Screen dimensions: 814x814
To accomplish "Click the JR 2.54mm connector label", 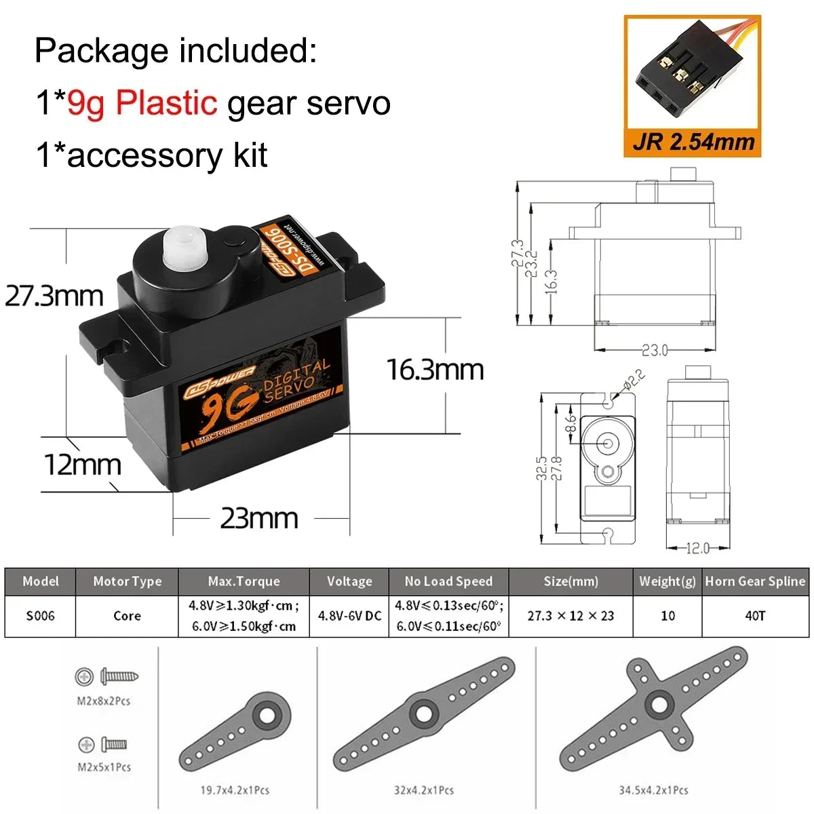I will (693, 142).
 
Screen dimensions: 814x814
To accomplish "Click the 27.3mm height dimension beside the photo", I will (54, 296).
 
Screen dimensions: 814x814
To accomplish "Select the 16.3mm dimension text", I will (435, 370).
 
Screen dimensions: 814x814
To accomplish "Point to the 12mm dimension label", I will (82, 465).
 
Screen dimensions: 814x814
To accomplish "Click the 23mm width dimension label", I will (259, 518).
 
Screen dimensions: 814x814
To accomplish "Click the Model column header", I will (40, 581).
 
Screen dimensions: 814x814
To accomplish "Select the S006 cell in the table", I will (40, 616).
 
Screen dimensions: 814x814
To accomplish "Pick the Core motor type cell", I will (127, 616).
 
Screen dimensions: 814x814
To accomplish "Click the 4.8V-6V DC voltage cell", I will (349, 616).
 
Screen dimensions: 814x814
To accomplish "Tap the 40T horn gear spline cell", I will (755, 616).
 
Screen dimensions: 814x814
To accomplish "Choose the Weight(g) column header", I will (667, 581).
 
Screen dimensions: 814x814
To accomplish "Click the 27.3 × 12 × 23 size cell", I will (570, 616).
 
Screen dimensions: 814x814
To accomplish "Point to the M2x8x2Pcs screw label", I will (103, 701).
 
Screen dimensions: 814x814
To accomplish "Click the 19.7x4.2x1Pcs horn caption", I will (235, 790).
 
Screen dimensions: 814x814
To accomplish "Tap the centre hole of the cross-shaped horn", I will (658, 703).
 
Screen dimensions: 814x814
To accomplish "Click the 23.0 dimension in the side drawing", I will (655, 350).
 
